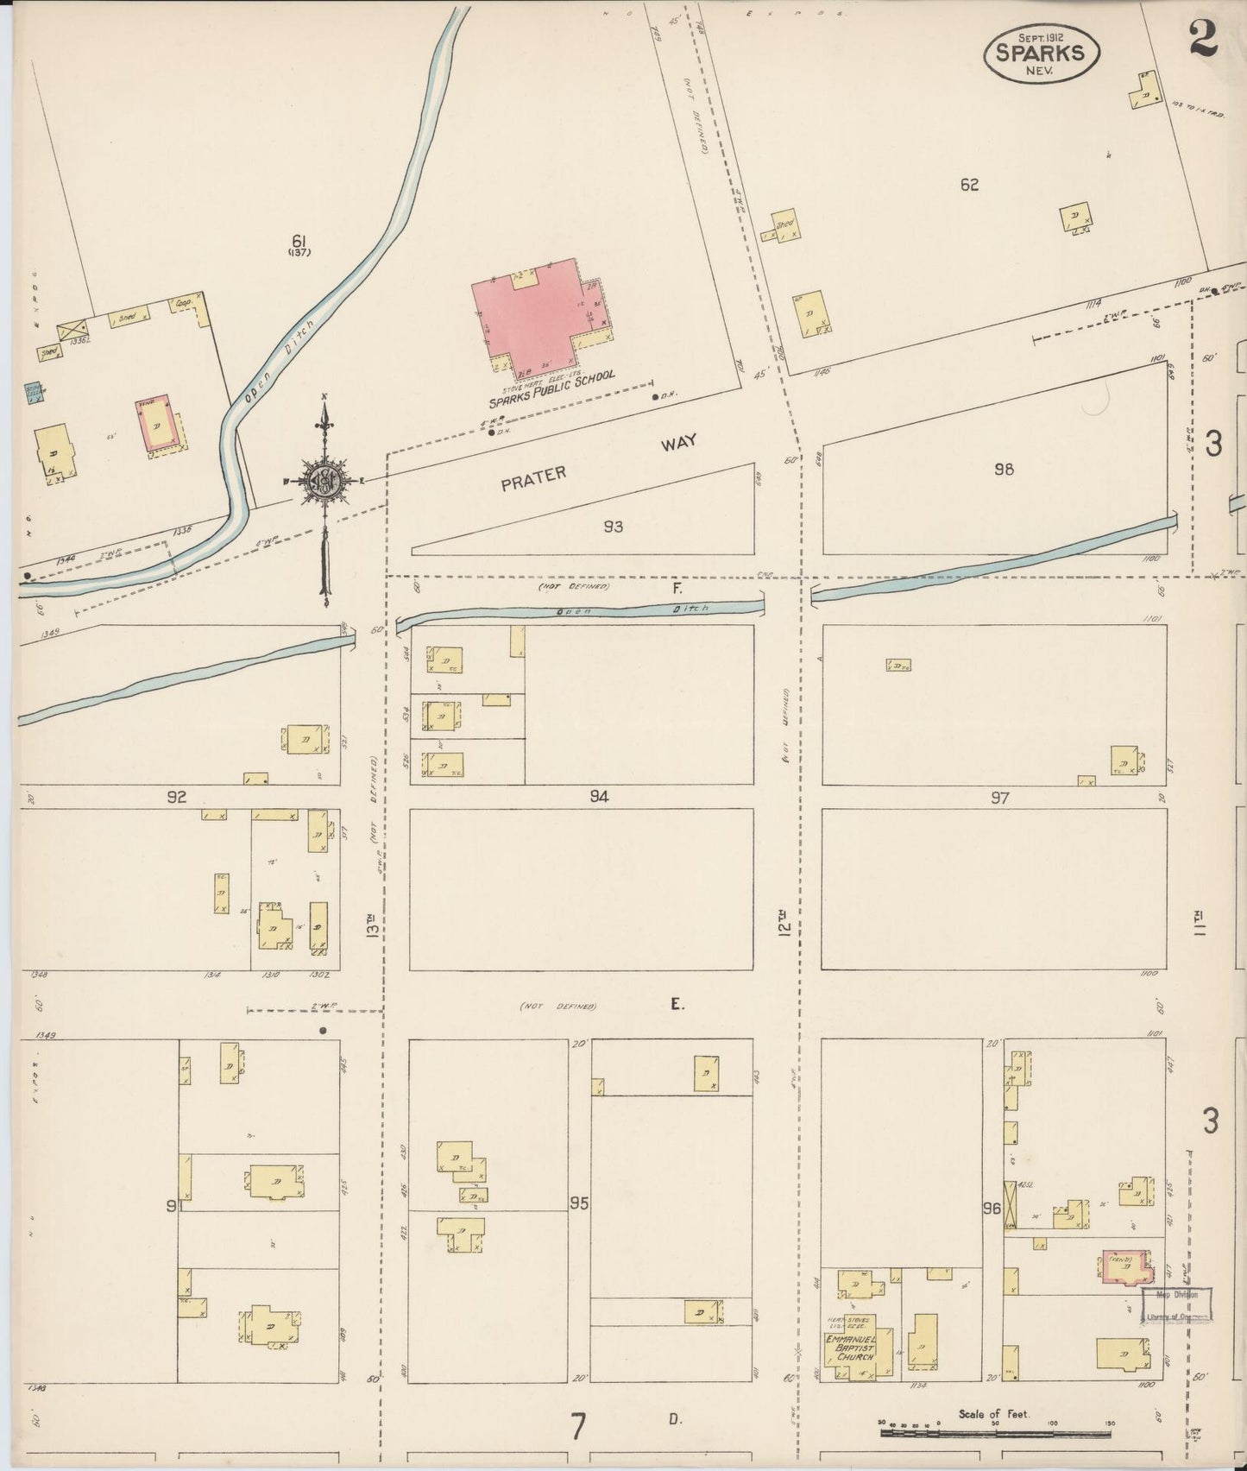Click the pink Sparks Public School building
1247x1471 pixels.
coord(538,315)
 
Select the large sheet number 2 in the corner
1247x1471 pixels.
coord(1201,37)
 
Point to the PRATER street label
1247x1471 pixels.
coord(534,478)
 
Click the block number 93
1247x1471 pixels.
coord(613,527)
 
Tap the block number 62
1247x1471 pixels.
coord(969,184)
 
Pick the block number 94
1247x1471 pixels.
coord(599,797)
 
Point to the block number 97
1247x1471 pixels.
coord(999,798)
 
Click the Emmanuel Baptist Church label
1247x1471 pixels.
coord(850,1348)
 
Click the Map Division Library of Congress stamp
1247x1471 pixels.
coord(1177,1305)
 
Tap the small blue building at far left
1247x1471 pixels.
coord(34,394)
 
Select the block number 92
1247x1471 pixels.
coord(177,797)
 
